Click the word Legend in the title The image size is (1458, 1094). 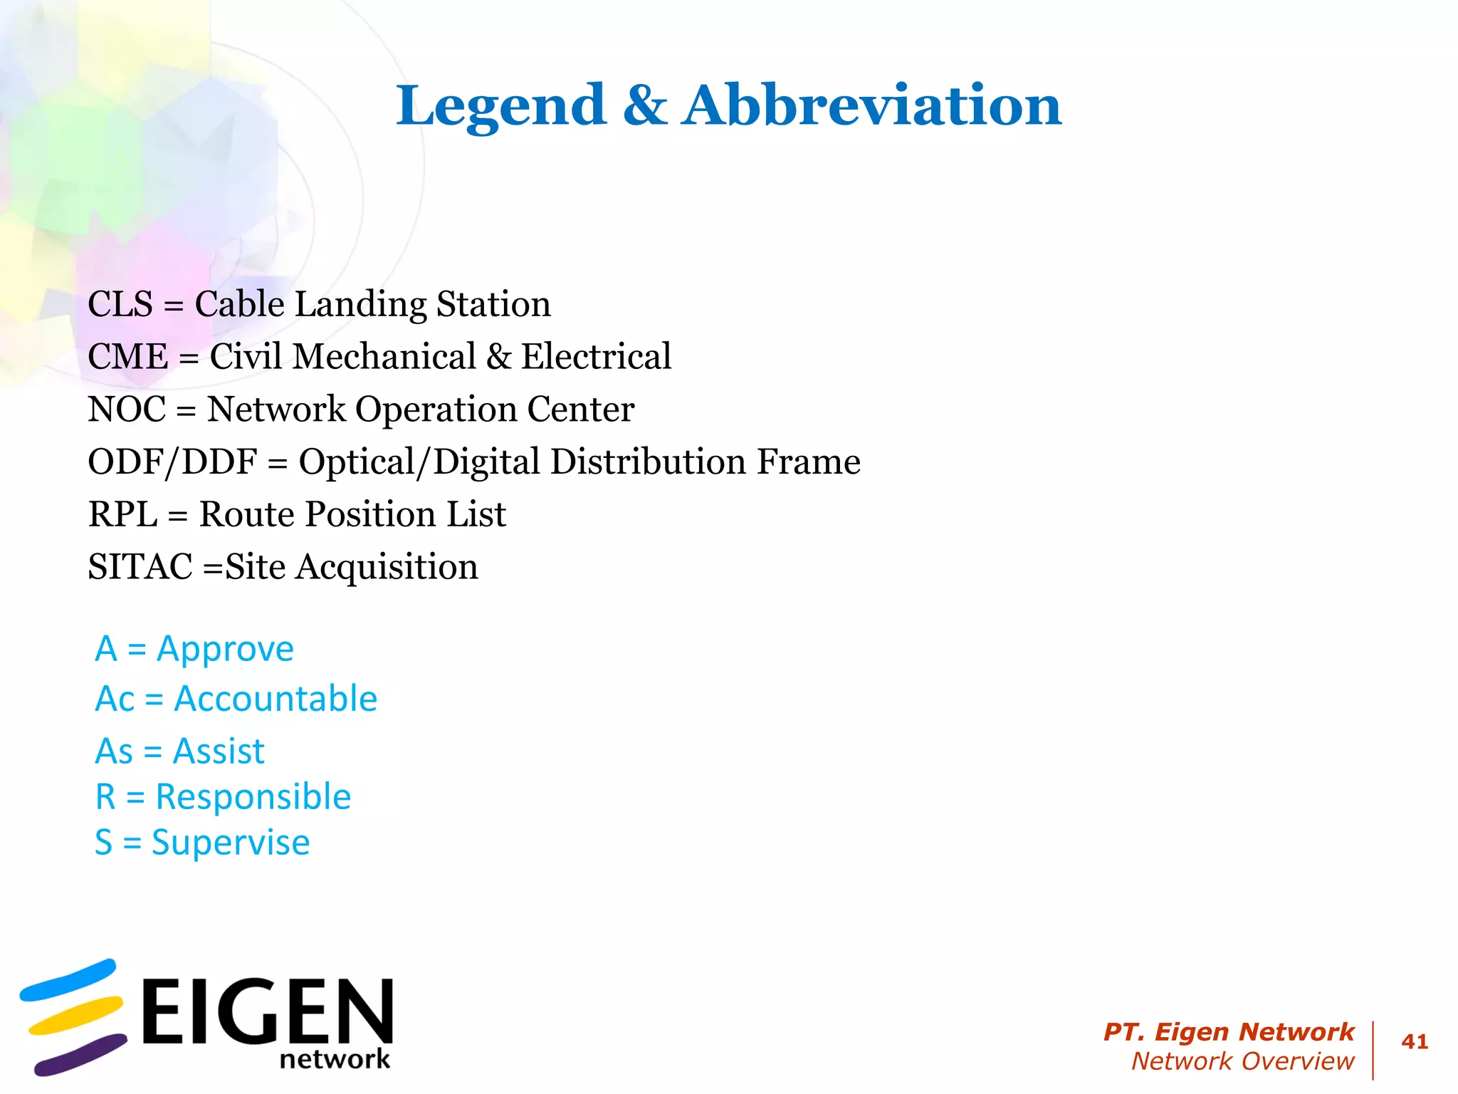[x=500, y=107]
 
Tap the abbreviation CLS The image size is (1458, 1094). [x=120, y=304]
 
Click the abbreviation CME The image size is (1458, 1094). [x=127, y=356]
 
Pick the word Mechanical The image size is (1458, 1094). [x=384, y=356]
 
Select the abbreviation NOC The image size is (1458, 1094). [x=126, y=409]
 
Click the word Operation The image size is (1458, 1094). [x=436, y=410]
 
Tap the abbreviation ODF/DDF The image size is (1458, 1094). [x=172, y=462]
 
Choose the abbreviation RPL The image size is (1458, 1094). [x=122, y=514]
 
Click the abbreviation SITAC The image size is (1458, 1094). [x=140, y=567]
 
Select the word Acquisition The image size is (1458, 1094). [x=387, y=568]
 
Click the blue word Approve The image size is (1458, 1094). [x=225, y=650]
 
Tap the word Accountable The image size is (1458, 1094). [x=276, y=699]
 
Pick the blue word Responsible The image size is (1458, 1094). [x=253, y=796]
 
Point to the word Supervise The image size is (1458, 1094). [x=231, y=843]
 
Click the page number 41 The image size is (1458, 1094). [x=1414, y=1042]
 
